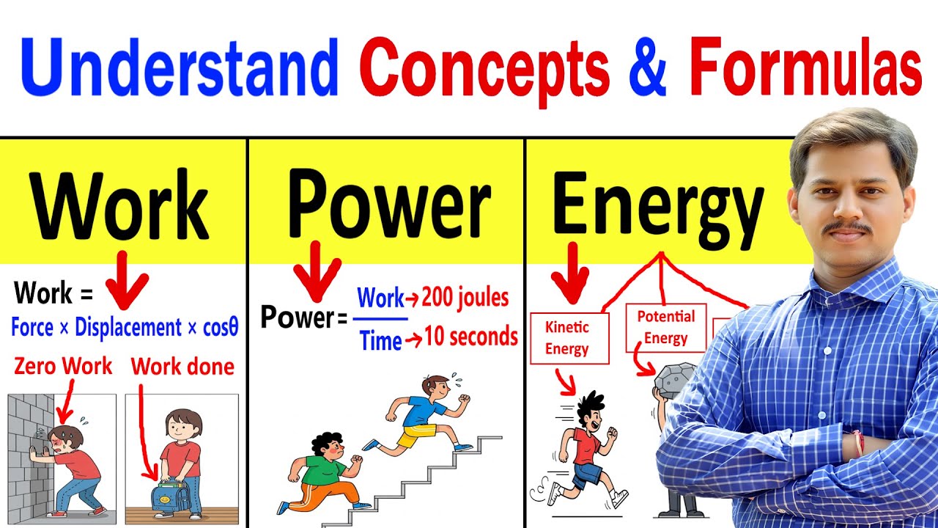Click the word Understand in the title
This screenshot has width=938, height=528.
(x=180, y=67)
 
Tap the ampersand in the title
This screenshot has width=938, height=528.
(x=647, y=67)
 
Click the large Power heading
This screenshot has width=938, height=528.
(x=388, y=204)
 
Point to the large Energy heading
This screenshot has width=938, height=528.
(x=658, y=210)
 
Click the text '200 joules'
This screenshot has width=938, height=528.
(x=465, y=298)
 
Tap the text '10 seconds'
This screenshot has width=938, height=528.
(x=470, y=337)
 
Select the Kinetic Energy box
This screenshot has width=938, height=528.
(x=569, y=338)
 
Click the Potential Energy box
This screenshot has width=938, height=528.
(x=666, y=328)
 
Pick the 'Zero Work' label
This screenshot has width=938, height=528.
(x=63, y=366)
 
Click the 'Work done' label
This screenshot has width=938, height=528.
(x=182, y=367)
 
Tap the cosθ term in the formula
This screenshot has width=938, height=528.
(x=221, y=327)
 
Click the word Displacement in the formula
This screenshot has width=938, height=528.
(x=128, y=327)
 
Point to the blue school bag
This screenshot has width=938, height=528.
(x=169, y=495)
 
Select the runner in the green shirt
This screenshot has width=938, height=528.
(x=322, y=473)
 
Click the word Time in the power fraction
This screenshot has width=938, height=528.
(x=380, y=340)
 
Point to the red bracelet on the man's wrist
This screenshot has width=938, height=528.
(x=858, y=444)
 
